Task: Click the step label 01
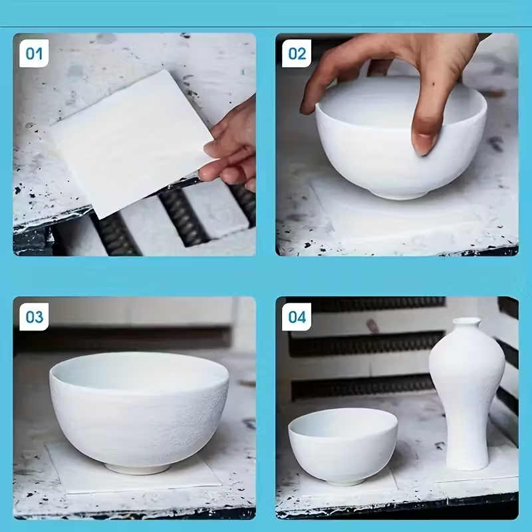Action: click(34, 53)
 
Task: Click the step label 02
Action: click(297, 53)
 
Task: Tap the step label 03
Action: click(34, 317)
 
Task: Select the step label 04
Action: click(297, 317)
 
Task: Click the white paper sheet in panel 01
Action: click(132, 142)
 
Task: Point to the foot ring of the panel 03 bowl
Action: click(138, 469)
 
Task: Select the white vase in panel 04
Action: click(467, 394)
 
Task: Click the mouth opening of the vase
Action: click(467, 320)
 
